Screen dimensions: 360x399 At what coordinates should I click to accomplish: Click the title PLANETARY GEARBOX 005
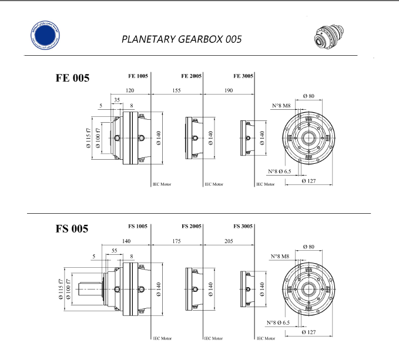[x=181, y=39]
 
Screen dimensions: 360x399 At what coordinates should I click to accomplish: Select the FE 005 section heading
[x=72, y=78]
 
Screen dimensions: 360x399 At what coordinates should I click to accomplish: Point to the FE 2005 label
[x=192, y=76]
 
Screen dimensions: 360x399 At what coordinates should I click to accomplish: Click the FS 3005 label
[x=243, y=226]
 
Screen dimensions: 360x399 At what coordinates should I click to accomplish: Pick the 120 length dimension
[x=129, y=90]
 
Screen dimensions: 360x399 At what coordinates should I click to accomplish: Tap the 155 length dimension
[x=177, y=90]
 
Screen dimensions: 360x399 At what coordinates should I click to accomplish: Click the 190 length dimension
[x=228, y=90]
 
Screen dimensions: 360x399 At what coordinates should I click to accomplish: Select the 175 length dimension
[x=177, y=241]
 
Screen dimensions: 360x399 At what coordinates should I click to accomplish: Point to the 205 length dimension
[x=229, y=241]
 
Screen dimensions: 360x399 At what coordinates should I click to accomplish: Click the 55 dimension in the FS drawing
[x=114, y=250]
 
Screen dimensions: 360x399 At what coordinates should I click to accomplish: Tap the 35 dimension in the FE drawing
[x=117, y=100]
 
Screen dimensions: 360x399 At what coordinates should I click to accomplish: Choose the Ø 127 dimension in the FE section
[x=309, y=181]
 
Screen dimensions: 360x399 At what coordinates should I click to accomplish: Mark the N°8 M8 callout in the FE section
[x=280, y=106]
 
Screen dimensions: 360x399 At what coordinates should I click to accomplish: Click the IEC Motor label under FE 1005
[x=162, y=184]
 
